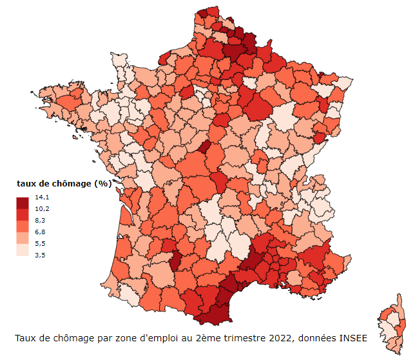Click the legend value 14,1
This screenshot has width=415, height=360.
(42, 197)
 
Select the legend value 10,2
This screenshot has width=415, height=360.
(42, 208)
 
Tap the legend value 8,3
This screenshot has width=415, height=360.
(42, 220)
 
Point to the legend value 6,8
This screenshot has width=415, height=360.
(42, 232)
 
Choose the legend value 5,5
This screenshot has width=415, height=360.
(42, 243)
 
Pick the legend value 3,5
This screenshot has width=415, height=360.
(42, 255)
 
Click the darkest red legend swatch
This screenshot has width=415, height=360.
(23, 203)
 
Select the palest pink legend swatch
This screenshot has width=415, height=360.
(23, 249)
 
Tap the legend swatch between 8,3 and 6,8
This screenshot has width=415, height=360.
(23, 226)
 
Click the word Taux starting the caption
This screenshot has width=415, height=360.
(26, 338)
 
